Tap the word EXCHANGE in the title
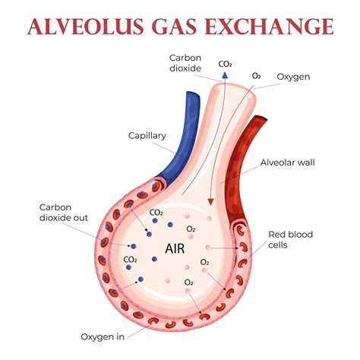pos(270,26)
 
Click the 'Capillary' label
pos(147,136)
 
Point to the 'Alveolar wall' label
pos(287,163)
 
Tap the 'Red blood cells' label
pos(290,239)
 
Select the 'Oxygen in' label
pos(103,337)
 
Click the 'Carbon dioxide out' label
pos(64,213)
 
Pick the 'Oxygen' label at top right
pos(293,77)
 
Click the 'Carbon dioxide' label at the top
pos(185,63)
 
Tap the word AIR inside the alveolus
pos(175,248)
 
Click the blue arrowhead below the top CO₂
pos(225,74)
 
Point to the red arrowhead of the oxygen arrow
pos(210,202)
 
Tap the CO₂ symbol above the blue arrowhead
pos(225,64)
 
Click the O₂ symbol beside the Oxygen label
pos(256,76)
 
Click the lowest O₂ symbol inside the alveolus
pos(189,283)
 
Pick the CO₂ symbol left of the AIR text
pos(130,260)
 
